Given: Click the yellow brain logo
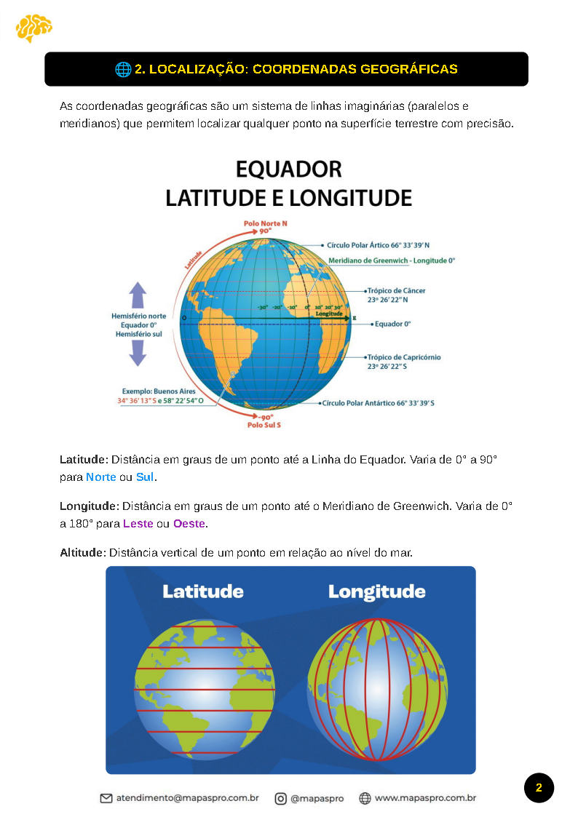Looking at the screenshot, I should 33,28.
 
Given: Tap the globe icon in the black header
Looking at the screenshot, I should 123,69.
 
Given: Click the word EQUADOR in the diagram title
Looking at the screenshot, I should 288,170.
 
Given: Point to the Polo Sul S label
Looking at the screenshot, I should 264,424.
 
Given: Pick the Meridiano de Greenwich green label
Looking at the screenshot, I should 392,260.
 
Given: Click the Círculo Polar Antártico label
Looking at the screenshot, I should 379,402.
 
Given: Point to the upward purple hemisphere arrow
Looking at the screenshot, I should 138,296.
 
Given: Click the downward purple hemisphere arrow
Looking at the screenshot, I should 138,353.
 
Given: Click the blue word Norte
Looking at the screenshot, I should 100,478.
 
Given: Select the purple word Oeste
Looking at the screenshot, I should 189,523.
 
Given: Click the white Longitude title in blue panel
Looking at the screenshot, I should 376,591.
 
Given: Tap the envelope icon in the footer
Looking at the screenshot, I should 106,798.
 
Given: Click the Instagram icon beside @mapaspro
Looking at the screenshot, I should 280,798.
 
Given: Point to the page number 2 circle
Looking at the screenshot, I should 539,788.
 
